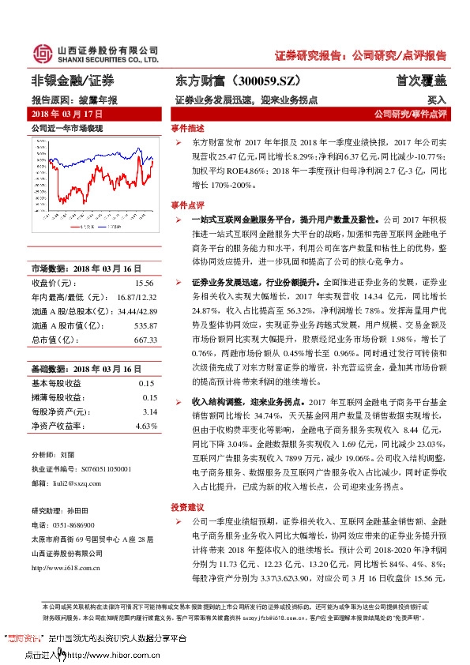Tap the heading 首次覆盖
421,81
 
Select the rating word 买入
437,100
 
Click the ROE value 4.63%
147,426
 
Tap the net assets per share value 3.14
149,411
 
